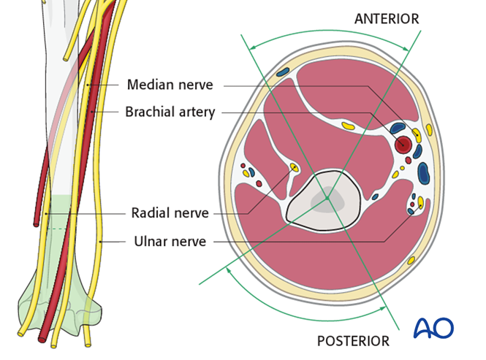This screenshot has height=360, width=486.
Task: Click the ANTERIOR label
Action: point(387,18)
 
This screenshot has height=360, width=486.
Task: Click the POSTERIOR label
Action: point(353,341)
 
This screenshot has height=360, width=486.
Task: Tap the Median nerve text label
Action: point(170,85)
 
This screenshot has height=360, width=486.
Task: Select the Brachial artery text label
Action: point(170,112)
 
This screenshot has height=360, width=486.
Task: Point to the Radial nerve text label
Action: point(170,212)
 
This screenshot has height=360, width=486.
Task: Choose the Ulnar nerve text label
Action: point(170,241)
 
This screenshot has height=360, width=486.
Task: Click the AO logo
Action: point(433,327)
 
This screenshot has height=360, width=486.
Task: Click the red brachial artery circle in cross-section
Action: point(403,145)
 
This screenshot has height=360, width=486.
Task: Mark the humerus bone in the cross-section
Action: point(324,200)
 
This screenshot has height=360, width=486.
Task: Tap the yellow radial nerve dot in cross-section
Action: point(294,168)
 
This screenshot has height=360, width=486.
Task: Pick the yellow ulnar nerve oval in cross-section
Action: point(421,202)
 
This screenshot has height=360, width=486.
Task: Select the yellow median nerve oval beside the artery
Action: point(417,135)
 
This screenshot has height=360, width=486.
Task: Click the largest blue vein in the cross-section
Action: point(422,173)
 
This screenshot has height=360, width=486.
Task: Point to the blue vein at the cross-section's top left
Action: point(282,72)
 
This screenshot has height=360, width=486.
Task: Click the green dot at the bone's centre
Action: point(327,198)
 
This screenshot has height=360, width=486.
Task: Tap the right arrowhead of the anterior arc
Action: point(406,48)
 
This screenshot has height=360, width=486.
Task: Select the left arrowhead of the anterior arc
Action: point(252,47)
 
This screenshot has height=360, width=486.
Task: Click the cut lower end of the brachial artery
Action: point(42,340)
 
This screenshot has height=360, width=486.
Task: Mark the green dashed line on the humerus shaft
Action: point(57,229)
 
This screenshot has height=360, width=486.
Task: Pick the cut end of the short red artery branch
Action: point(37,223)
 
